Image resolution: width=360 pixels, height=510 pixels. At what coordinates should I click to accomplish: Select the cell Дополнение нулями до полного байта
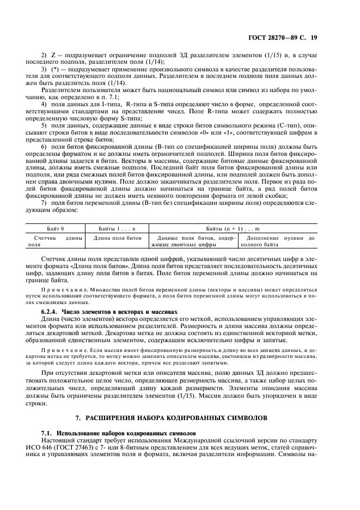pos(280,241)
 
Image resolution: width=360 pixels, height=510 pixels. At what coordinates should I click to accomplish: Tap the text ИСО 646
pos(55,446)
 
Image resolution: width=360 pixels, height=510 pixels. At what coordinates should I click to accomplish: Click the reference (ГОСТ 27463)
pos(91,446)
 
